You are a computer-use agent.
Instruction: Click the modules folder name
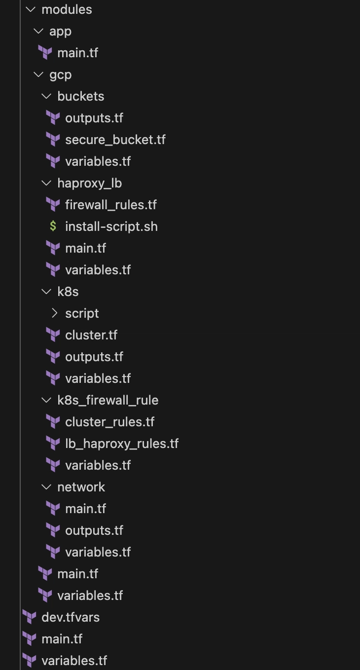tap(67, 9)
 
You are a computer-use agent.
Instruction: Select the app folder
tap(60, 32)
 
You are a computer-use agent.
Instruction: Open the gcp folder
tap(60, 75)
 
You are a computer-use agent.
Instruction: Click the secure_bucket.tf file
tap(115, 140)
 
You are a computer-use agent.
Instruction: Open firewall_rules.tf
tap(110, 205)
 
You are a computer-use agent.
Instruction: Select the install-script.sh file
tap(111, 227)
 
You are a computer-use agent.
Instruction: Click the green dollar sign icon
tap(53, 226)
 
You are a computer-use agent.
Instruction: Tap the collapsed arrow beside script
tap(54, 313)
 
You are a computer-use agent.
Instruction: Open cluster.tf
tap(91, 335)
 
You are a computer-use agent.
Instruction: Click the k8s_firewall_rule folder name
tap(108, 400)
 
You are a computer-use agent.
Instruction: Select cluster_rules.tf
tap(109, 422)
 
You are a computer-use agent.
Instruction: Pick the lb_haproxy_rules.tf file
tap(122, 444)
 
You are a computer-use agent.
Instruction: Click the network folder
tap(81, 487)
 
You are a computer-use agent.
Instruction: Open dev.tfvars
tap(70, 617)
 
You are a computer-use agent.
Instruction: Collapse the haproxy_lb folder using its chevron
tap(46, 183)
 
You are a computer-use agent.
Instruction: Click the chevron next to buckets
tap(46, 96)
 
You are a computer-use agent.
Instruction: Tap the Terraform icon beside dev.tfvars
tap(29, 617)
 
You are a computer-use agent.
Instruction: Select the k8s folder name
tap(68, 292)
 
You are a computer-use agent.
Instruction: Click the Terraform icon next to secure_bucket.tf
tap(53, 140)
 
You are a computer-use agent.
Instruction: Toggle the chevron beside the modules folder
tap(31, 9)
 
